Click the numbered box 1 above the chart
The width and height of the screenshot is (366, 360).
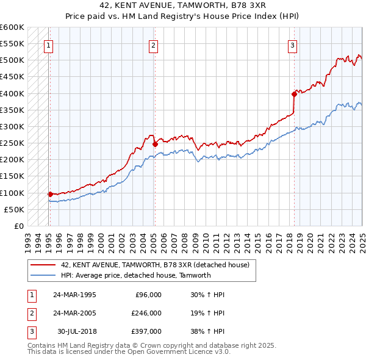point(48,45)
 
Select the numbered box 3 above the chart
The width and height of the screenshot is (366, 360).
point(293,45)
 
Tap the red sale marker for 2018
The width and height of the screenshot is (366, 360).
point(293,93)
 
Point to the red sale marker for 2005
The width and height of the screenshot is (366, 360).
point(154,144)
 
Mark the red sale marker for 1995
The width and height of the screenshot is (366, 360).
point(50,194)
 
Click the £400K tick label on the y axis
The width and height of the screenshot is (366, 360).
point(12,93)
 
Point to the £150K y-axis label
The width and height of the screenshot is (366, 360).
point(12,176)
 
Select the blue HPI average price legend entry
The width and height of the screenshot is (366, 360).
point(135,275)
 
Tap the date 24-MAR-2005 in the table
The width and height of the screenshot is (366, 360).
point(74,313)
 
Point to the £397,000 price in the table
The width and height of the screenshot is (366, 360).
point(146,331)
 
